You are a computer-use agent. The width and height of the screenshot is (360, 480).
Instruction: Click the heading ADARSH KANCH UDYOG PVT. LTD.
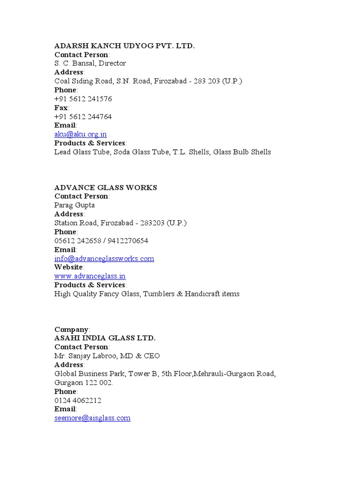coord(124,45)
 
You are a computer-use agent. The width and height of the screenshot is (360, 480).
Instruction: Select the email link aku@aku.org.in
coord(80,134)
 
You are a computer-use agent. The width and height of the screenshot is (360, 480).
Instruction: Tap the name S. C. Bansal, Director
coord(90,63)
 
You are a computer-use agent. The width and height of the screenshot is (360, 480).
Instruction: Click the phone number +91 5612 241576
coord(83,99)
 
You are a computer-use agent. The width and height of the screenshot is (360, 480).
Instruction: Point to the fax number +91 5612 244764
coord(83,117)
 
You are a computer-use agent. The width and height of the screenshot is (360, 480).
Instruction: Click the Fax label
coord(61,108)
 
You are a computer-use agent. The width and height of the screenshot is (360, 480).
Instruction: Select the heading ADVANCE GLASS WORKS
coord(105,187)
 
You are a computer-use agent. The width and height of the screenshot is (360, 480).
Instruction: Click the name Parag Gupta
coord(75,205)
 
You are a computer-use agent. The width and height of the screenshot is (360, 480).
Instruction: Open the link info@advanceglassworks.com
coord(104,259)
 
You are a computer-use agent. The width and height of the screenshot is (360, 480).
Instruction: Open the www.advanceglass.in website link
coord(90,276)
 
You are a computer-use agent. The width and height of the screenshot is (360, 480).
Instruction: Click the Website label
coord(68,267)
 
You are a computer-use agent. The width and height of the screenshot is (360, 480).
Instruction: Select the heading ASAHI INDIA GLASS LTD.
coord(105,338)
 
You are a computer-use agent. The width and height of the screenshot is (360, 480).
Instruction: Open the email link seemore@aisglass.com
coord(92,418)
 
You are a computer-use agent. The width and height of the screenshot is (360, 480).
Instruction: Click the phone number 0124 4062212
coord(78,401)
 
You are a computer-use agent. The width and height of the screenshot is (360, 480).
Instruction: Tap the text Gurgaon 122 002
coord(83,383)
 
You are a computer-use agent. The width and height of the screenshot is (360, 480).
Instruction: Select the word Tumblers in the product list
coord(159,294)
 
